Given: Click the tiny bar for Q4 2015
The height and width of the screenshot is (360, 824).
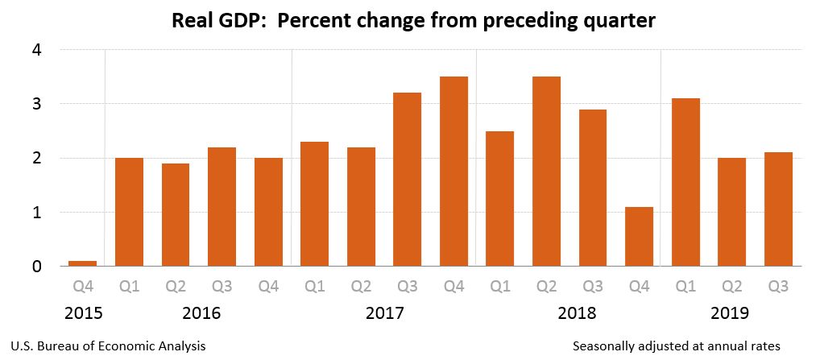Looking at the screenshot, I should (x=82, y=263).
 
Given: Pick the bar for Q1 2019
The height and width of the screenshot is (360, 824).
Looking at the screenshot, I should (x=685, y=182).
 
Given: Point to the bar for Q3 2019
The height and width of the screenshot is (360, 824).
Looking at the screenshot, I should (x=778, y=209).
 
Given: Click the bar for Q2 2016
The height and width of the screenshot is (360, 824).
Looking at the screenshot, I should (x=175, y=214).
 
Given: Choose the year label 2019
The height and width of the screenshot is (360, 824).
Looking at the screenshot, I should (x=731, y=312).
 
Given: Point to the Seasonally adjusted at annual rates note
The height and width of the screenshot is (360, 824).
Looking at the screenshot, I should (x=677, y=346).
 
